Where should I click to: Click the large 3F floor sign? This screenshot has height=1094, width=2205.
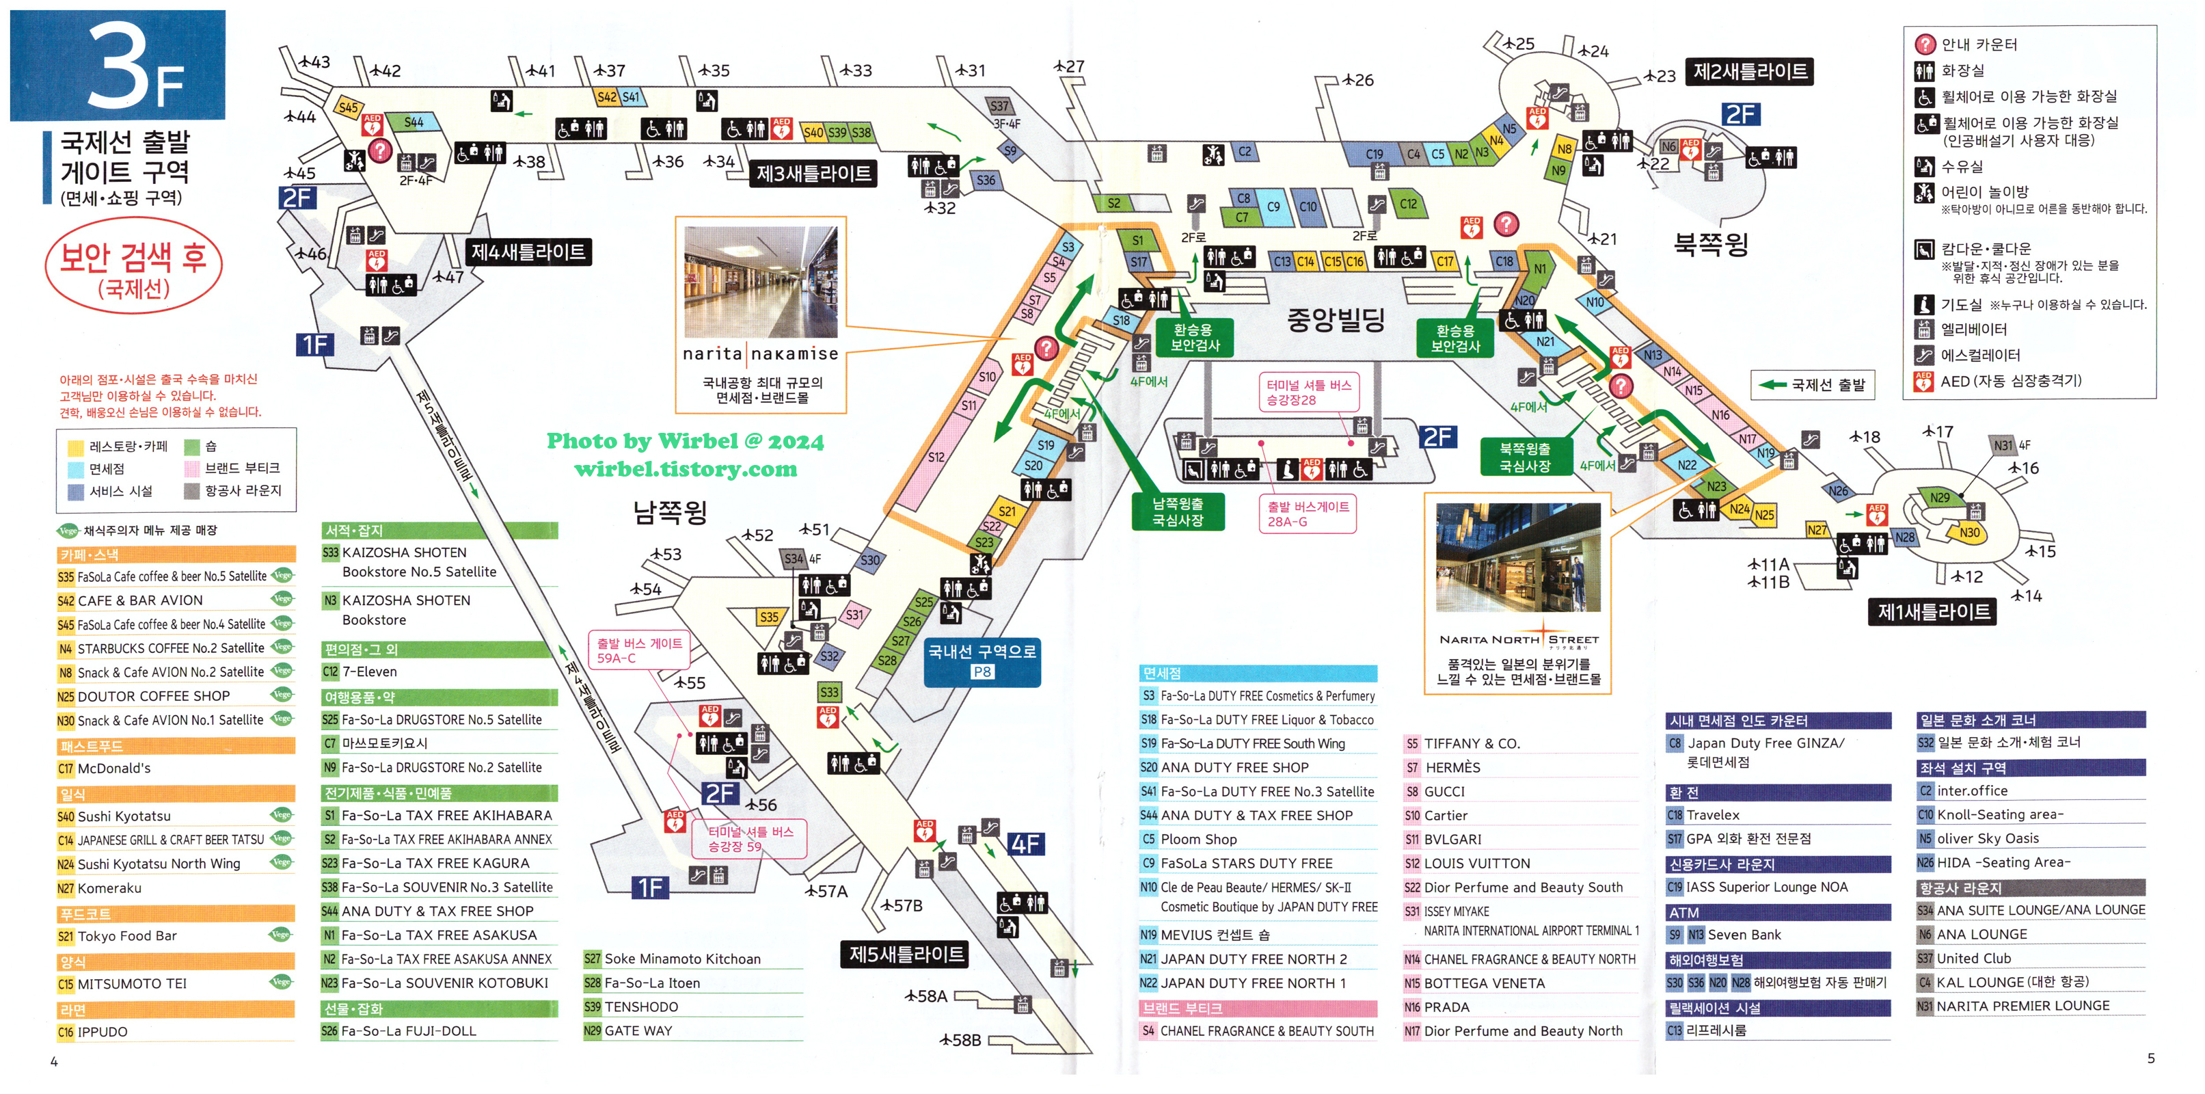118,65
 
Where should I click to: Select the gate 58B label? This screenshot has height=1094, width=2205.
960,1040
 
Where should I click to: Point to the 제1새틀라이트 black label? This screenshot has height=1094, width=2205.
1933,611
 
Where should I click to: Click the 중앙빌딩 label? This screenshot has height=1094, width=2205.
1336,319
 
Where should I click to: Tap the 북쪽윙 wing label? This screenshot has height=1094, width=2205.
1710,245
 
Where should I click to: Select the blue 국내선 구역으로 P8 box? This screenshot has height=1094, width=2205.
982,661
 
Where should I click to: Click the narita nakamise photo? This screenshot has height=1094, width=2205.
760,282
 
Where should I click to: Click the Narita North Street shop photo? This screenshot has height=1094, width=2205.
1517,557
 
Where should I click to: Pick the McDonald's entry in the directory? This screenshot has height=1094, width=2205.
114,769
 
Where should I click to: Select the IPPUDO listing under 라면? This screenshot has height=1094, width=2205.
102,1032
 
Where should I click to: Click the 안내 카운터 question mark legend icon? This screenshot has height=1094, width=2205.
1924,44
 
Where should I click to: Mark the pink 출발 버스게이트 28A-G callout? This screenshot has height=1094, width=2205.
1307,513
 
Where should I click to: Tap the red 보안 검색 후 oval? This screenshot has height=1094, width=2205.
133,267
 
